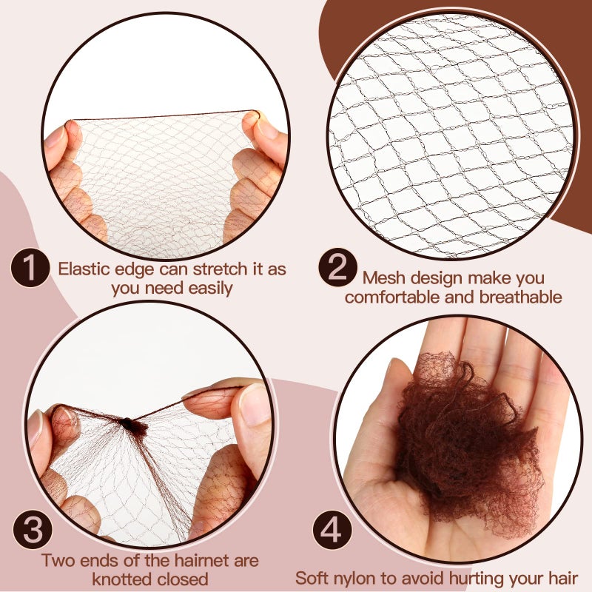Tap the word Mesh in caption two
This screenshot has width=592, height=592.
click(383, 279)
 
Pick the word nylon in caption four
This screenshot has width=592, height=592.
click(360, 578)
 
